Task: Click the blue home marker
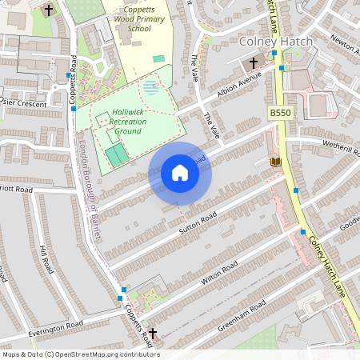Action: [180, 173]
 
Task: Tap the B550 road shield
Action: [280, 114]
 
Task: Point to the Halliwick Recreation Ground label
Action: [129, 121]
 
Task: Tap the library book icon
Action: [276, 162]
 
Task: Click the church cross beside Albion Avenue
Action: [254, 62]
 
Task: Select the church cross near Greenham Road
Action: [152, 332]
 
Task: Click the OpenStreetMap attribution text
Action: [81, 354]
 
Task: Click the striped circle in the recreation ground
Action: [150, 86]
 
